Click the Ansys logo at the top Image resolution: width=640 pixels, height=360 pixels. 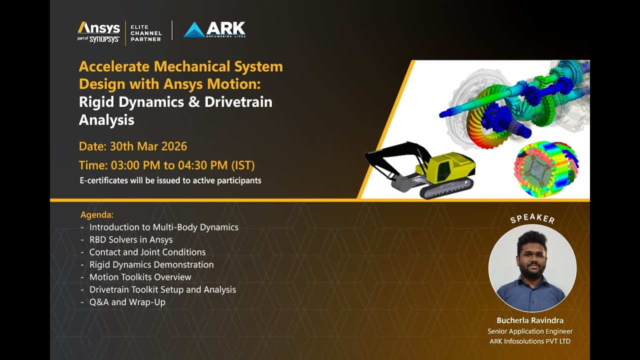[x=98, y=28]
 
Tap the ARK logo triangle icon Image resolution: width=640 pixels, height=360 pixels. [x=194, y=30]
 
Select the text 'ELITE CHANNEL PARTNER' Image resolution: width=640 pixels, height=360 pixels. [x=146, y=32]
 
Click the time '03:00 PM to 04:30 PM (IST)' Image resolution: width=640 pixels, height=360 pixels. [x=183, y=165]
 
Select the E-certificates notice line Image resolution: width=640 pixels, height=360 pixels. [x=170, y=180]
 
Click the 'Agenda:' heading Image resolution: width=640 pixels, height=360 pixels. [x=97, y=214]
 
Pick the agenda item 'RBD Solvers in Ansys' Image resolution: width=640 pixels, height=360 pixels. [x=131, y=239]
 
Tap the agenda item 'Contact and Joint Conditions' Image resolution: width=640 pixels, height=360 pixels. [x=147, y=252]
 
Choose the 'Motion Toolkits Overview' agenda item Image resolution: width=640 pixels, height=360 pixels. [x=140, y=277]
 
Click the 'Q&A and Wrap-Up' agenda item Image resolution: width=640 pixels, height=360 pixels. [x=127, y=302]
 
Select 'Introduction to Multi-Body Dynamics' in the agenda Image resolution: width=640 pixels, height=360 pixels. [x=164, y=227]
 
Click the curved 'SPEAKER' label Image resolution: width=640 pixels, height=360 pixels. [x=532, y=218]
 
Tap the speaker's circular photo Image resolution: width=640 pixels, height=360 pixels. [x=532, y=268]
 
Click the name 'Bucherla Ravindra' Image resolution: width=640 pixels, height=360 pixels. [x=530, y=320]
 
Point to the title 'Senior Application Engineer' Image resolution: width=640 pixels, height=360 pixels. [x=530, y=331]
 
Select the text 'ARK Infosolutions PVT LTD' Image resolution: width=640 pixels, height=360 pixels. [x=530, y=341]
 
